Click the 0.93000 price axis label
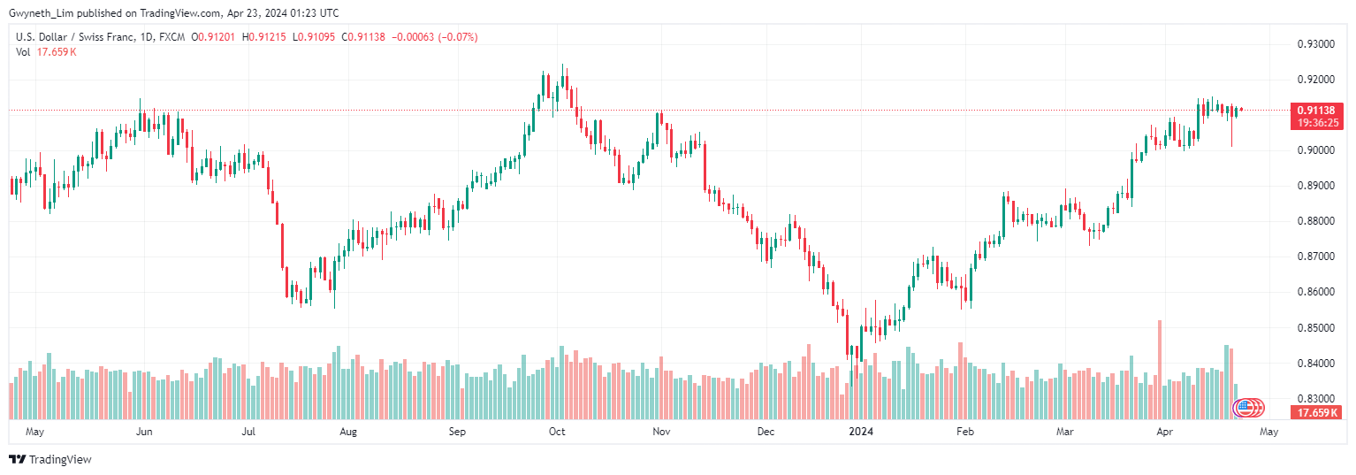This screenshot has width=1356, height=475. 1314,43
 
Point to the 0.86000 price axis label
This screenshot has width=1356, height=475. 1314,292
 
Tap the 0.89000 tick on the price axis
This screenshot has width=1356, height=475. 1314,186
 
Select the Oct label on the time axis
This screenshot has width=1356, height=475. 557,432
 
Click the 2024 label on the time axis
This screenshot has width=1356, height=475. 861,432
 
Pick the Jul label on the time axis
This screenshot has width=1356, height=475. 248,432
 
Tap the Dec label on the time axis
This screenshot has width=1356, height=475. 766,432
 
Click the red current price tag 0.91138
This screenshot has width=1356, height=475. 1316,111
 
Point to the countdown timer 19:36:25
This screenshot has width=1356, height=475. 1316,123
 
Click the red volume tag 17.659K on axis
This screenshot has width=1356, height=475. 1316,413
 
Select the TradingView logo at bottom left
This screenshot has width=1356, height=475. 50,459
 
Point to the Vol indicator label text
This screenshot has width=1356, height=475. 24,52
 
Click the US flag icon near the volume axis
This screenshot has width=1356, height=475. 1245,408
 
